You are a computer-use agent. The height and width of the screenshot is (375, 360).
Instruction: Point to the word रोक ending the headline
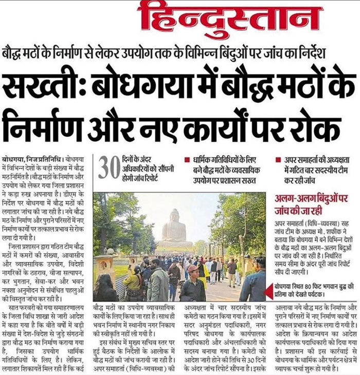pyautogui.click(x=318, y=123)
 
